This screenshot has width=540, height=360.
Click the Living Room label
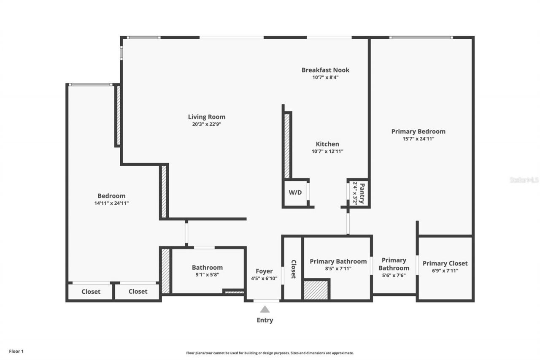tap(206, 117)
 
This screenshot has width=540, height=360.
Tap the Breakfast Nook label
tap(325, 70)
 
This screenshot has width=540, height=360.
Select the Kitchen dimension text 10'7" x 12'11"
tap(327, 151)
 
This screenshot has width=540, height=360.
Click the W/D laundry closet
tap(295, 193)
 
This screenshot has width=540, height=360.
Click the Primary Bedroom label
tap(418, 131)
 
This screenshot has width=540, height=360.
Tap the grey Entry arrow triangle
tap(265, 309)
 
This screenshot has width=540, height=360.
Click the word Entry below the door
tap(265, 320)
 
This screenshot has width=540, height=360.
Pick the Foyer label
tap(264, 271)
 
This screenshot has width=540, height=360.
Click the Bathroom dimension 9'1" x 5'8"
tap(207, 274)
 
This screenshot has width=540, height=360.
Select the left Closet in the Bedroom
tap(91, 291)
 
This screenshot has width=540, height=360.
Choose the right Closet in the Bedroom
tap(138, 291)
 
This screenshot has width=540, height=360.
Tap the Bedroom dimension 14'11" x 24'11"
tap(111, 203)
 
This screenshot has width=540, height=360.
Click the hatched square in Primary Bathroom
tap(316, 290)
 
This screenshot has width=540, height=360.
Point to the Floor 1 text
tap(16, 351)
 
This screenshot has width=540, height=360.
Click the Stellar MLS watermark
tap(524, 180)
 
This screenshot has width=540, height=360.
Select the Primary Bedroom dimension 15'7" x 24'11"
tap(418, 138)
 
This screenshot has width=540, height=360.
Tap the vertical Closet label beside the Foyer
tap(293, 269)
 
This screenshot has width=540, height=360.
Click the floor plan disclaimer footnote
tap(270, 353)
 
